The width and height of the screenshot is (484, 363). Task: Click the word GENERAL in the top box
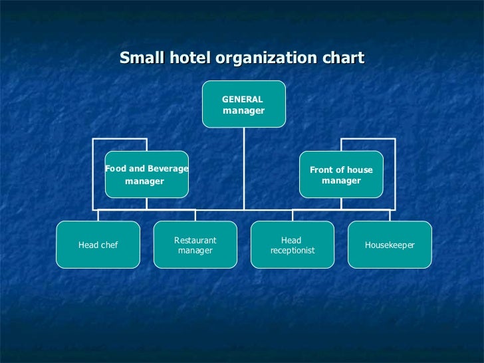(x=242, y=99)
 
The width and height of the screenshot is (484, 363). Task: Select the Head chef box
(x=98, y=245)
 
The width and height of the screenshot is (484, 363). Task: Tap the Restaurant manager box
(x=195, y=245)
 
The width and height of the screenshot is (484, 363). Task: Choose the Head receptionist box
(x=293, y=245)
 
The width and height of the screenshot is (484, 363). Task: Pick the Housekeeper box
(x=390, y=245)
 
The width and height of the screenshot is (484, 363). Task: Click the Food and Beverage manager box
(x=146, y=175)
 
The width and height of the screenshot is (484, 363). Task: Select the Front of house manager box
(x=341, y=175)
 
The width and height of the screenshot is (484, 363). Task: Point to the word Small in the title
(x=138, y=58)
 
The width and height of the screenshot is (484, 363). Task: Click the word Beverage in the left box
(x=168, y=169)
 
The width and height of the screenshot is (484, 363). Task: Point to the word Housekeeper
(x=390, y=245)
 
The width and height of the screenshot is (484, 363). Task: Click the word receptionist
(x=293, y=251)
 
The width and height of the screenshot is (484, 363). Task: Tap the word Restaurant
(x=195, y=240)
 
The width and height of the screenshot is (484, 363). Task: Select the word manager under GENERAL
(x=243, y=111)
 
